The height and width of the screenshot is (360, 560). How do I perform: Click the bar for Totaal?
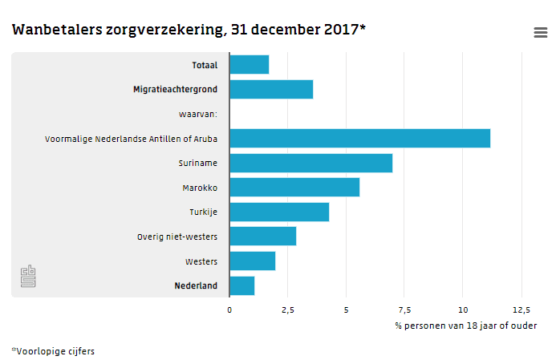click(x=249, y=65)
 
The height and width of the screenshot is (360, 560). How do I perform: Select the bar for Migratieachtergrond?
click(x=271, y=90)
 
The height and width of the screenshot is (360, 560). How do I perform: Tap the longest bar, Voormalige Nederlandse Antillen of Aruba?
click(x=359, y=139)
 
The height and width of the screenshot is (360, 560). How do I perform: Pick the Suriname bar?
click(x=310, y=164)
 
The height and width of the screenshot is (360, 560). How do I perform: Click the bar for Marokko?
click(x=294, y=188)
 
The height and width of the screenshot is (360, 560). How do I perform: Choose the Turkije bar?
click(x=279, y=212)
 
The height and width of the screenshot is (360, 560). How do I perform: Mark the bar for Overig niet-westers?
click(x=262, y=237)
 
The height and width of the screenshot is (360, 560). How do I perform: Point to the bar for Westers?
click(x=252, y=261)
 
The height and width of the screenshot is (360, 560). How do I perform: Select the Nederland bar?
click(x=241, y=285)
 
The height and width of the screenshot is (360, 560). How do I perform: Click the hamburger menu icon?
click(x=541, y=32)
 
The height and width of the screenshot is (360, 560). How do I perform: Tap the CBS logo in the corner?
click(x=28, y=277)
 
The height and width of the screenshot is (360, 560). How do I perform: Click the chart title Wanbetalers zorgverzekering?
click(x=189, y=30)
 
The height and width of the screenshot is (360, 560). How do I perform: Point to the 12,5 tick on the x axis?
click(x=521, y=309)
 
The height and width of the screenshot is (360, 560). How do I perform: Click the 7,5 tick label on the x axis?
click(x=404, y=309)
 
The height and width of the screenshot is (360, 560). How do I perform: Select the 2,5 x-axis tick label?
click(x=287, y=309)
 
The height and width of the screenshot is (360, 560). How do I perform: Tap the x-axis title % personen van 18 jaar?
click(x=465, y=326)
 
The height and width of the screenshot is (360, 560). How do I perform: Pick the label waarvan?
click(x=197, y=115)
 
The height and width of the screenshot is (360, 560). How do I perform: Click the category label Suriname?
click(x=197, y=164)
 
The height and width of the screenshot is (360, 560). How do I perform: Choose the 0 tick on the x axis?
click(x=229, y=309)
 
